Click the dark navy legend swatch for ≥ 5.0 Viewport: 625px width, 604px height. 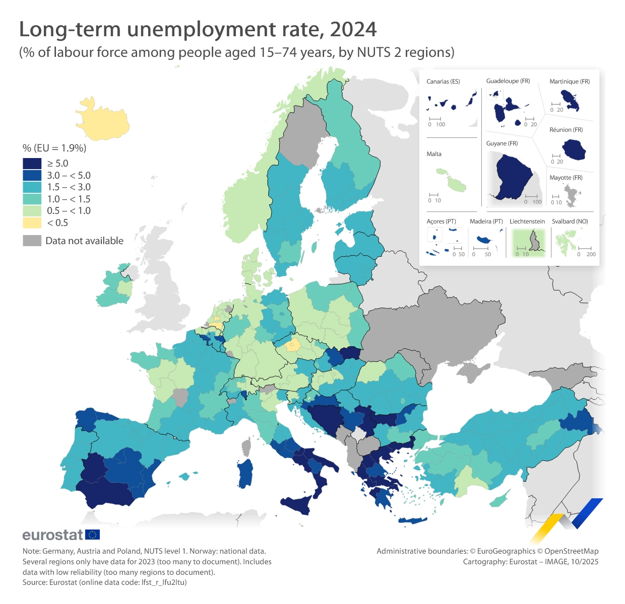pyautogui.click(x=32, y=163)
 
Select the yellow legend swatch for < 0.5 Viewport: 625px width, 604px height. pyautogui.click(x=32, y=222)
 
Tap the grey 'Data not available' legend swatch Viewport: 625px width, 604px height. pyautogui.click(x=32, y=241)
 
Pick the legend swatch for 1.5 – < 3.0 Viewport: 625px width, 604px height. pyautogui.click(x=32, y=187)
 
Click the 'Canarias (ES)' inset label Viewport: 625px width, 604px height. pyautogui.click(x=443, y=82)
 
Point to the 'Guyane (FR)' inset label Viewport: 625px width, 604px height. pyautogui.click(x=502, y=143)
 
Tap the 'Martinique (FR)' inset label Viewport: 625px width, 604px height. pyautogui.click(x=570, y=82)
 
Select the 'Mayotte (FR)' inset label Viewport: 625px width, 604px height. pyautogui.click(x=566, y=178)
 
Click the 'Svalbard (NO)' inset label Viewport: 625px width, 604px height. pyautogui.click(x=570, y=221)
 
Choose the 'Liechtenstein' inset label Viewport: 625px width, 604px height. pyautogui.click(x=527, y=221)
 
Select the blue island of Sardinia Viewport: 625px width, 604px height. pyautogui.click(x=245, y=473)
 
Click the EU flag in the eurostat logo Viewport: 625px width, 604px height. pyautogui.click(x=93, y=535)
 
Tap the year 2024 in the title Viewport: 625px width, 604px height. pyautogui.click(x=353, y=30)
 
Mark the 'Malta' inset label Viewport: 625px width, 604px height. pyautogui.click(x=434, y=154)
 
